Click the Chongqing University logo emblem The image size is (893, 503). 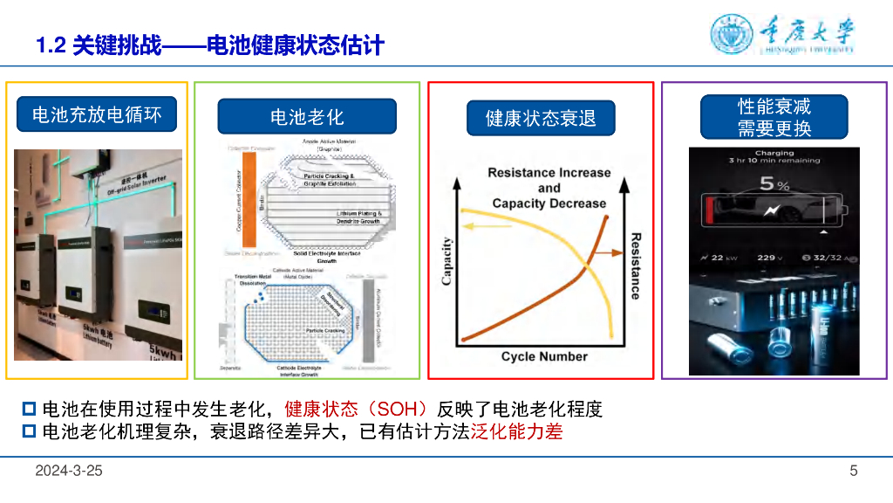tap(732, 35)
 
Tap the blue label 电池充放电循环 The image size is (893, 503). tap(97, 114)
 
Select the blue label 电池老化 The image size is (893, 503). tap(307, 116)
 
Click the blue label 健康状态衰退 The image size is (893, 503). tap(541, 118)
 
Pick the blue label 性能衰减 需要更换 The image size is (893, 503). tap(774, 117)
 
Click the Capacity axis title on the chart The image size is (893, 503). tap(447, 261)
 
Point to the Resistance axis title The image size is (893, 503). tap(635, 265)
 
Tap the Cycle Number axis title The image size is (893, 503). tap(544, 356)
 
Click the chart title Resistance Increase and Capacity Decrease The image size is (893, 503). tap(549, 188)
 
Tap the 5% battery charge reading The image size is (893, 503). tap(774, 184)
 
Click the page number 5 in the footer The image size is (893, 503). tap(854, 471)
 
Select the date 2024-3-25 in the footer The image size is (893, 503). tap(69, 471)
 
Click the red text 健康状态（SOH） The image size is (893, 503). tap(358, 409)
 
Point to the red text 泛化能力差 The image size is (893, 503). tap(517, 431)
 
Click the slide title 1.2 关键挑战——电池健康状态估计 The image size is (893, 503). tap(210, 45)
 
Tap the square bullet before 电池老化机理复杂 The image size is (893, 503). tap(29, 431)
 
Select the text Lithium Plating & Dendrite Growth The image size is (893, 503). tap(358, 217)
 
